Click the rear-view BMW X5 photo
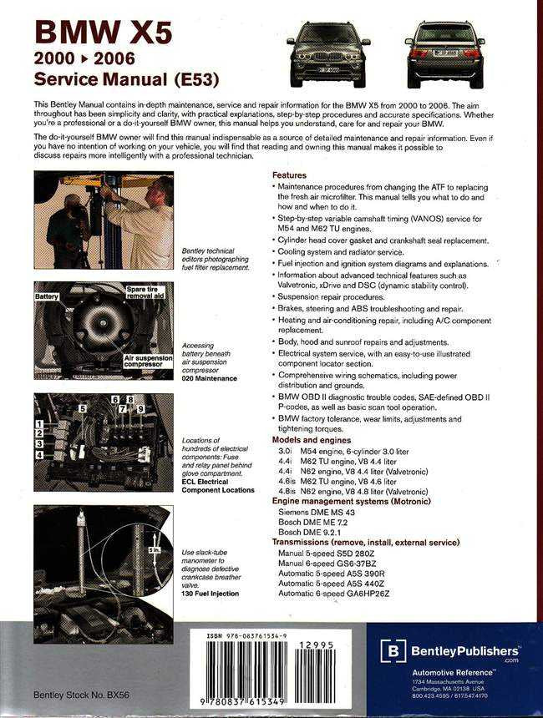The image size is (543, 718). (444, 53)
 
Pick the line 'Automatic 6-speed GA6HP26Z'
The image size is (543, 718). (333, 593)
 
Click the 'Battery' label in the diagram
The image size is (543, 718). (49, 296)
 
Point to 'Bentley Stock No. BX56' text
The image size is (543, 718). (82, 694)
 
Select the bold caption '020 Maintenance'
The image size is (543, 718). (209, 378)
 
